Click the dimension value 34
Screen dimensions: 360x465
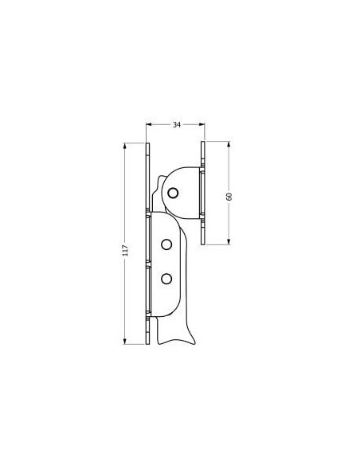point(177,125)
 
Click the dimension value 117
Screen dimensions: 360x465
point(125,251)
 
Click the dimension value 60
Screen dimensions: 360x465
point(229,197)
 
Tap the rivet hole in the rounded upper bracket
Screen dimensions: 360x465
point(173,193)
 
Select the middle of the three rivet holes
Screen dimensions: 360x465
point(166,244)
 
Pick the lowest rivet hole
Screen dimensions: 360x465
point(166,279)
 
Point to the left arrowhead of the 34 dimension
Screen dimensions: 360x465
point(149,124)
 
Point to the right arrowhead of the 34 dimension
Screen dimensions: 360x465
point(202,124)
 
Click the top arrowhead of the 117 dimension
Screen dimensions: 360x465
point(125,146)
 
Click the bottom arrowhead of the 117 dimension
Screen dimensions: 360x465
point(125,342)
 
